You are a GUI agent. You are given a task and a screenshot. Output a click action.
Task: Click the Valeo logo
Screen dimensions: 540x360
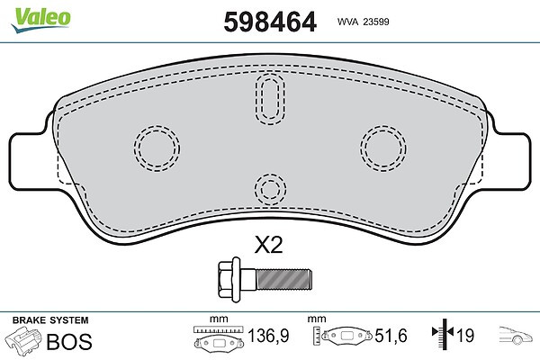(x=41, y=19)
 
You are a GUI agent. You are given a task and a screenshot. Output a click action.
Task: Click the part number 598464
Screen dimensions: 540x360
(x=270, y=22)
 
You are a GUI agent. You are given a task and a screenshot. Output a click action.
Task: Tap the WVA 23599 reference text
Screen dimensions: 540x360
(x=363, y=22)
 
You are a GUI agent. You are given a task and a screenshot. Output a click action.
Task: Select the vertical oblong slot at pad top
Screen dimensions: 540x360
(x=270, y=98)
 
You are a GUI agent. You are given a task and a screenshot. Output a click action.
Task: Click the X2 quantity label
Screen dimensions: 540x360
(x=268, y=245)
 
